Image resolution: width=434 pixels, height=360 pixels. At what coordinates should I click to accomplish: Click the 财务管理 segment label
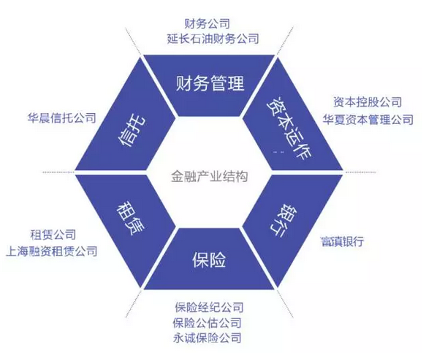click(x=210, y=83)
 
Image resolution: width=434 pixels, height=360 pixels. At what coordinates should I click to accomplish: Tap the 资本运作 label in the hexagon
click(x=289, y=128)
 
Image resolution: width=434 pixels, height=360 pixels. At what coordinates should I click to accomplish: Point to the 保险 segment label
click(x=209, y=259)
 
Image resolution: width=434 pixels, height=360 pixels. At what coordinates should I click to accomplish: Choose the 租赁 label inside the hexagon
click(x=130, y=218)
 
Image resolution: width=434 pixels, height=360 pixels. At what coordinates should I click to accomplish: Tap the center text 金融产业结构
click(x=209, y=176)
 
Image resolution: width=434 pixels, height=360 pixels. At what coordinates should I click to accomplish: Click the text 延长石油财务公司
click(x=213, y=39)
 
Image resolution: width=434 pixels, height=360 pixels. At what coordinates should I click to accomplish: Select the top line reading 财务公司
click(x=207, y=23)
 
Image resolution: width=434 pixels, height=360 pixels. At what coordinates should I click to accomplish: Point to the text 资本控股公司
click(x=367, y=102)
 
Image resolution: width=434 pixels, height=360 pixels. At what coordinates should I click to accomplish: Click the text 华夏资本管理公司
click(x=368, y=120)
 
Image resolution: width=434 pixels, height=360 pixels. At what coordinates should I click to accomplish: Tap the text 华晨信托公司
click(x=61, y=118)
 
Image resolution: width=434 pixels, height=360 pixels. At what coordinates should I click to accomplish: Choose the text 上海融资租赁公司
click(x=51, y=251)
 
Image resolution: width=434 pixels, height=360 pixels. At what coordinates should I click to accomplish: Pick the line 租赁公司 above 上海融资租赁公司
click(x=53, y=234)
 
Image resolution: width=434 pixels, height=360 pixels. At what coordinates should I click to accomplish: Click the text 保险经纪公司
click(x=209, y=307)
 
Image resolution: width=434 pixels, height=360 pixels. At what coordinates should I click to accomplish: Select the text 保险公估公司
click(x=207, y=323)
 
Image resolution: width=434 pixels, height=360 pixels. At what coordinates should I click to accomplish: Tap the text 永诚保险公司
click(x=207, y=338)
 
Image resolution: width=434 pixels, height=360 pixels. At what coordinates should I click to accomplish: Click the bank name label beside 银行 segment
click(x=342, y=242)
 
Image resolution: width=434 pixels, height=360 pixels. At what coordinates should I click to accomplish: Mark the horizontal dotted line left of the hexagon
click(x=59, y=172)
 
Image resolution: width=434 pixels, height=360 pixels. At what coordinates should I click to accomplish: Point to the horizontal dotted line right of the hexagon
click(x=359, y=172)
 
